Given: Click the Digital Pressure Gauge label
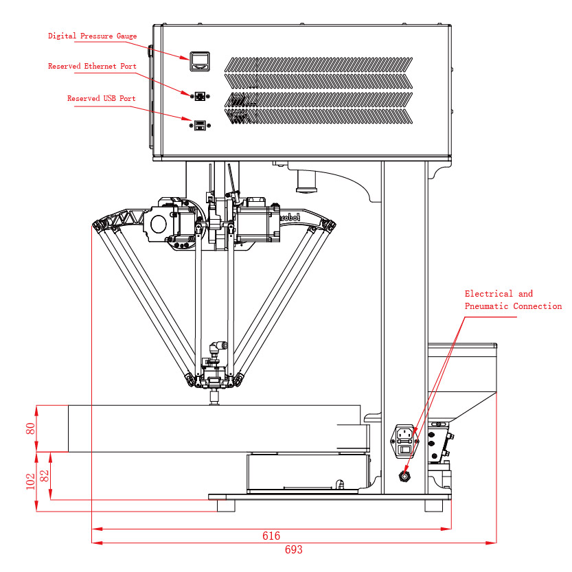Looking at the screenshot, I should coord(92,36).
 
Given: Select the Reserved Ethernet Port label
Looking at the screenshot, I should coord(92,67).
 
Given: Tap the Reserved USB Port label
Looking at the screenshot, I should coord(101,98).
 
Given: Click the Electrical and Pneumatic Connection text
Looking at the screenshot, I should coord(513,300).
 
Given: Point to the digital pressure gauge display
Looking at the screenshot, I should coord(200,62).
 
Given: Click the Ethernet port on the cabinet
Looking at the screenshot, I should coord(200,96).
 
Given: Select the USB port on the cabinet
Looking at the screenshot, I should coord(200,124).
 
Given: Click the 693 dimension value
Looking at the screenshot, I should coord(293,550).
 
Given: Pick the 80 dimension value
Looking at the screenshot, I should coord(30,428).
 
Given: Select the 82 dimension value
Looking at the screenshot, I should coord(45,475).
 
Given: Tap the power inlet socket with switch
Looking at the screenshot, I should coord(405,440).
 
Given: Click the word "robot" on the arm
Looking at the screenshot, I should coord(290,216).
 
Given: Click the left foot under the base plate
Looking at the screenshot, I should coord(225,505).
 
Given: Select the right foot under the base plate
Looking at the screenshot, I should coord(433,505).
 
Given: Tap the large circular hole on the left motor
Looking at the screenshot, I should coord(157,224).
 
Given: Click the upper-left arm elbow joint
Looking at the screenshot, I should coord(100,225).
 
